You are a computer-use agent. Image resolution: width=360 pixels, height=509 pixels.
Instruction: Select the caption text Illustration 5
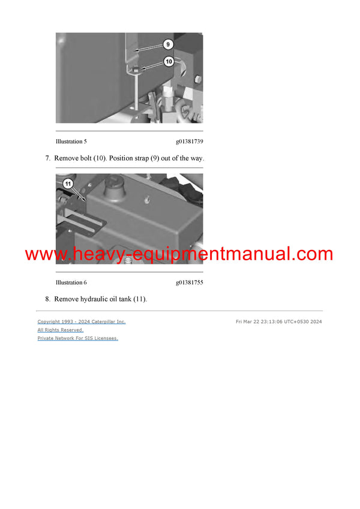pyautogui.click(x=71, y=142)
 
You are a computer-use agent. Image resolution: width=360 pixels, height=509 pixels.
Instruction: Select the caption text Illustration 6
pyautogui.click(x=71, y=282)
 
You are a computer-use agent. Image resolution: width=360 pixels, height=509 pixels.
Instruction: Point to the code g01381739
pyautogui.click(x=189, y=142)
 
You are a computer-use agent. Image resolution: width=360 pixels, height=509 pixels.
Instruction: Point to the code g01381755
pyautogui.click(x=189, y=282)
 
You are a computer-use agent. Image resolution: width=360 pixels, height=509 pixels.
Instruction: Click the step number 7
pyautogui.click(x=47, y=158)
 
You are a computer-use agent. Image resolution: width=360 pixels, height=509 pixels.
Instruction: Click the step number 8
pyautogui.click(x=47, y=299)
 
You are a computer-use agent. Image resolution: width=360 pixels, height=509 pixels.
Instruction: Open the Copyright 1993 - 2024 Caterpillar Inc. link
pyautogui.click(x=82, y=322)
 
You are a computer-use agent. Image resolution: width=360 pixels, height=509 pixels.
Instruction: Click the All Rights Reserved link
pyautogui.click(x=61, y=330)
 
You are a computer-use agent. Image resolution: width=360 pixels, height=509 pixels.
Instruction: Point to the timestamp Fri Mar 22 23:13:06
pyautogui.click(x=262, y=322)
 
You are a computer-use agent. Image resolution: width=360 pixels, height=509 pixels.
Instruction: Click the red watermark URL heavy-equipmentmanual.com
pyautogui.click(x=179, y=254)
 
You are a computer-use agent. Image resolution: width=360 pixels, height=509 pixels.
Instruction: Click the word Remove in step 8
pyautogui.click(x=67, y=299)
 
